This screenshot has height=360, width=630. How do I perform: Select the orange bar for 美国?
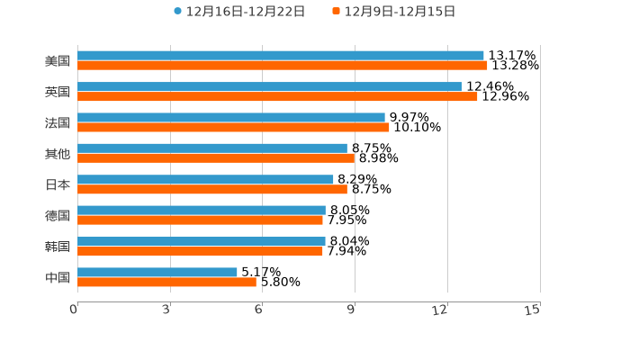coord(283,66)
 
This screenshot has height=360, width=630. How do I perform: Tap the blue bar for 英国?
coord(269,86)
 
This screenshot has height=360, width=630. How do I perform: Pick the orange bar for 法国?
coord(233,127)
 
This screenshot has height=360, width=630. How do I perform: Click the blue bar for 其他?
coord(212,148)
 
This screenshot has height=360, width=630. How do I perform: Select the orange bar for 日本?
coord(212,189)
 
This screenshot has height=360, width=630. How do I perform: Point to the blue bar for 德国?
coord(202,211)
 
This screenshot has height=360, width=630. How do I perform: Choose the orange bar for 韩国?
coord(200,251)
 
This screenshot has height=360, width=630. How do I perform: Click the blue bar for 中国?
coord(157,272)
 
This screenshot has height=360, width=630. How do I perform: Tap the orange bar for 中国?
coord(166,282)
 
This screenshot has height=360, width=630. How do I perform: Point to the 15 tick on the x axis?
coord(533,310)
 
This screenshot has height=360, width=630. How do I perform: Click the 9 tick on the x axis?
coord(352,310)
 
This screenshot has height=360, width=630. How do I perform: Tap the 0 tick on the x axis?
coord(75,310)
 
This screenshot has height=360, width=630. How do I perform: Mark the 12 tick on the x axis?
coord(440,310)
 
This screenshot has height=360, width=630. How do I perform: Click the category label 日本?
coord(58,184)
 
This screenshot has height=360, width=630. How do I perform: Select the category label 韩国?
coord(58,247)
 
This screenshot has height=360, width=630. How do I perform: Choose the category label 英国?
coord(58,92)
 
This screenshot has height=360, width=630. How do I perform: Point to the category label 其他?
coord(58,154)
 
